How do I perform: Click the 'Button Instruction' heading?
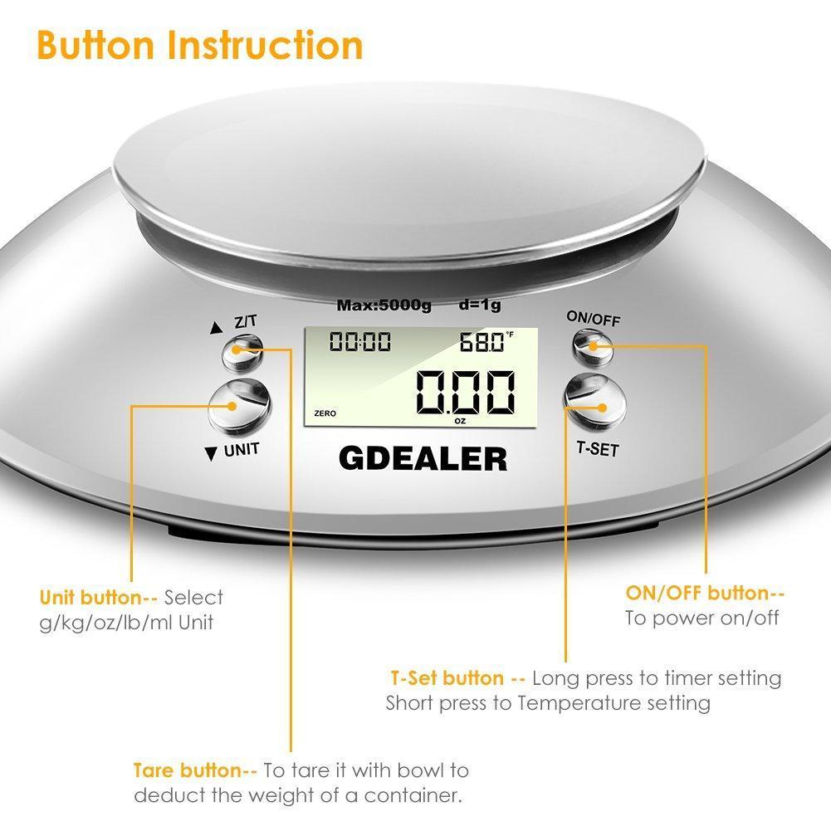point(200,45)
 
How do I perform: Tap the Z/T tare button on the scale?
point(242,354)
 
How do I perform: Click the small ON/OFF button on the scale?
point(593,347)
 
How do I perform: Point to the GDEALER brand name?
point(423,459)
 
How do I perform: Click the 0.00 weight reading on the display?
point(466,392)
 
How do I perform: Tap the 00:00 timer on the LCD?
point(360,342)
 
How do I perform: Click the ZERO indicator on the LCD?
point(325,413)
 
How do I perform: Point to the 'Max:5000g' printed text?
point(384,306)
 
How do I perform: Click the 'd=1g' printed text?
point(480,305)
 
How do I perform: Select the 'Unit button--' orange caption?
point(99,598)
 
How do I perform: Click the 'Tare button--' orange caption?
point(196,770)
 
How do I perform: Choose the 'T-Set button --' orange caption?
point(458,678)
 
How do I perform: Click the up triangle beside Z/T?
point(216,328)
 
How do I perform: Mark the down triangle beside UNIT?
point(211,453)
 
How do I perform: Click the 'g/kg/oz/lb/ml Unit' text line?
point(126,623)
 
